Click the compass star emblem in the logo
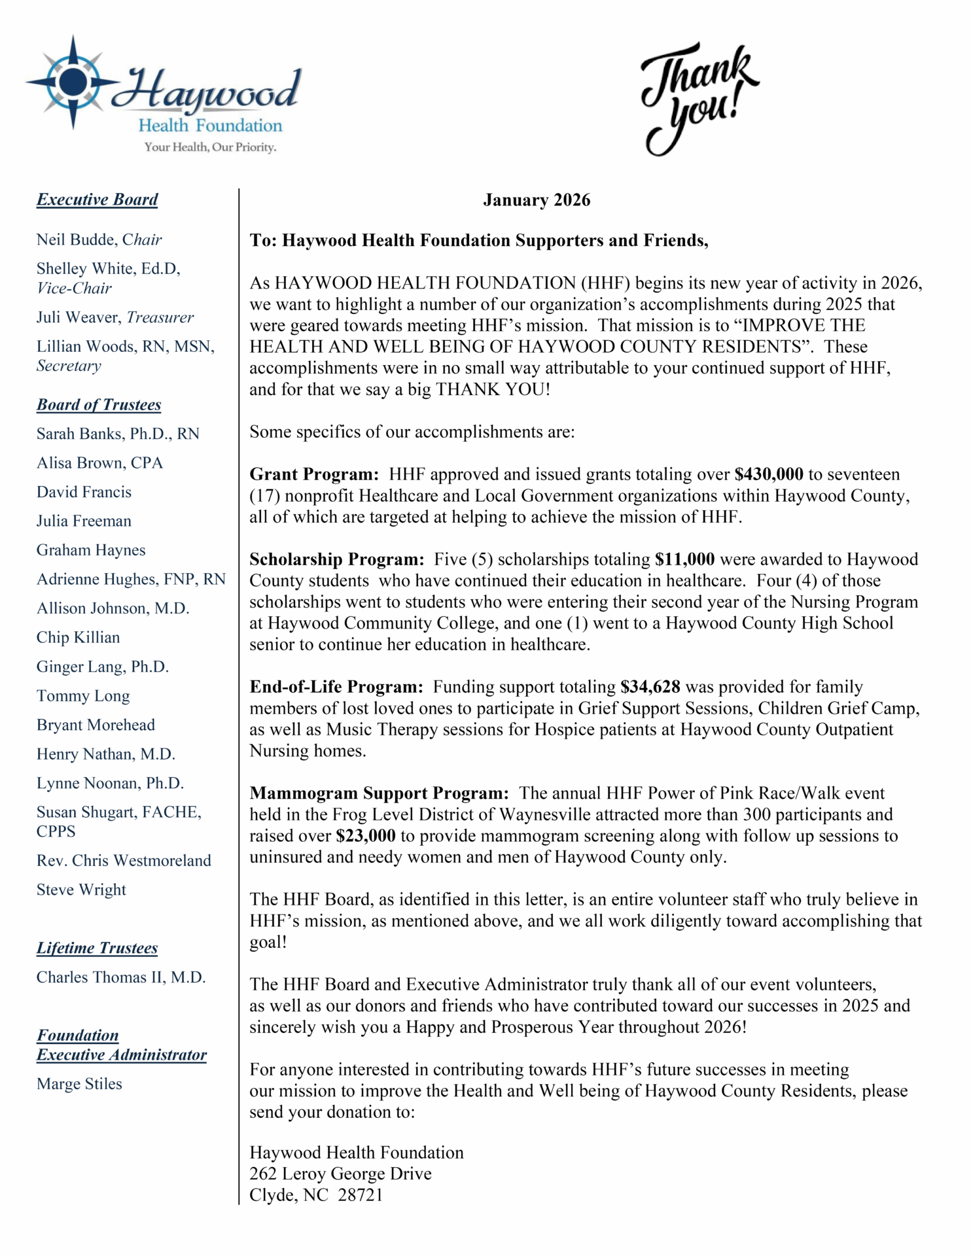point(73,82)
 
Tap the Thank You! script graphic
point(697,98)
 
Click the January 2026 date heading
point(536,200)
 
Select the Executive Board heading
point(97,200)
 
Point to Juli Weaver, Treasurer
point(115,318)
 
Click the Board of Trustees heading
point(98,405)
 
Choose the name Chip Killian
point(78,638)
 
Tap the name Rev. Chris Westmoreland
point(124,861)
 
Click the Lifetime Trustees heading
point(97,949)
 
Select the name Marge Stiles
point(79,1084)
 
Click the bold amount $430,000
point(768,474)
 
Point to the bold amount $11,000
point(684,559)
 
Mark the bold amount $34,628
point(650,687)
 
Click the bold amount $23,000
point(365,836)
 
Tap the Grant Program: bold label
point(314,474)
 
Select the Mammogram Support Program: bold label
point(379,794)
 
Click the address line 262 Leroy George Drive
point(340,1174)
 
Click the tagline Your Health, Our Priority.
point(210,147)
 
